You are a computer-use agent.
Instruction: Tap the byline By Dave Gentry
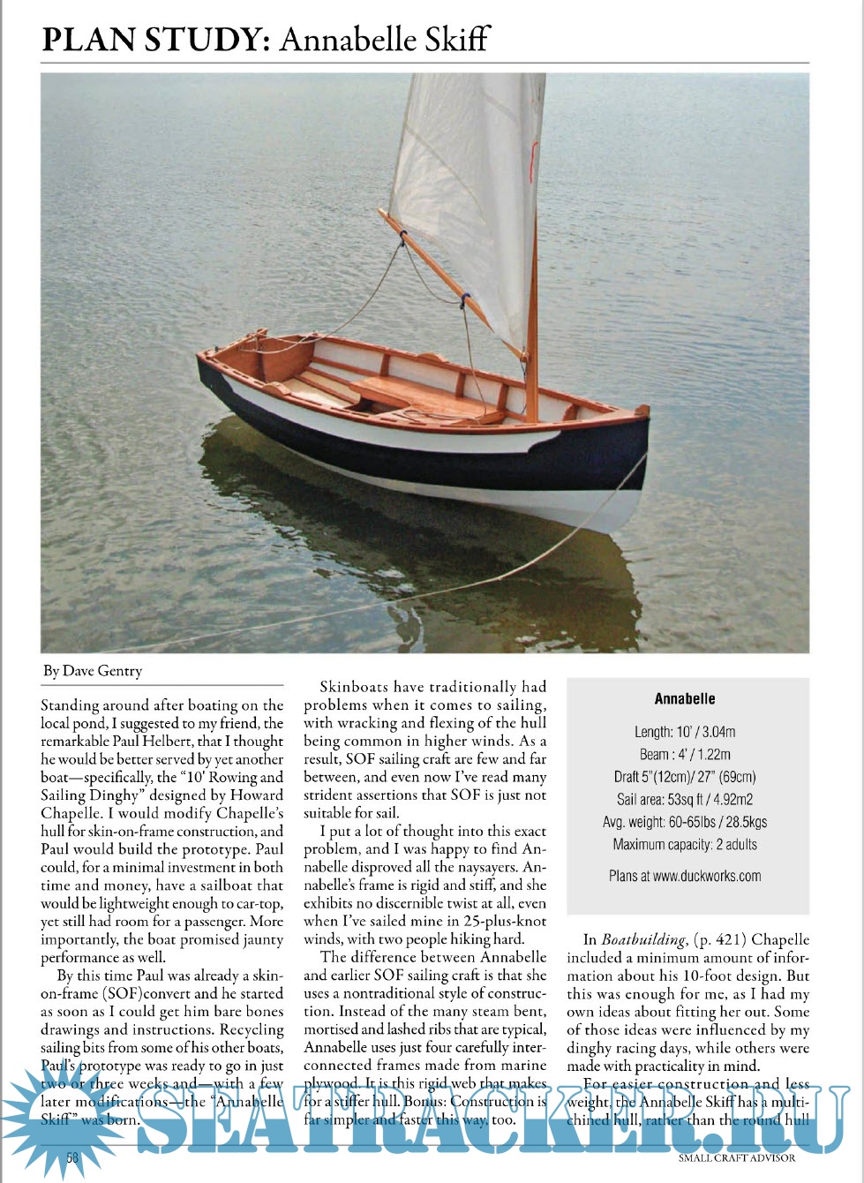(92, 671)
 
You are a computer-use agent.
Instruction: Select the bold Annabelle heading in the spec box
(685, 698)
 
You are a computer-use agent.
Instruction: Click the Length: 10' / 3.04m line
(685, 732)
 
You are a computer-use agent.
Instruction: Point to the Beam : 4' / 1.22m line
(685, 754)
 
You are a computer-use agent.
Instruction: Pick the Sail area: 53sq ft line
(685, 800)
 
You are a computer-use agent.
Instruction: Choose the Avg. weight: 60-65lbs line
(685, 822)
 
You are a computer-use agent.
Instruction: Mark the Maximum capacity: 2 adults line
(685, 845)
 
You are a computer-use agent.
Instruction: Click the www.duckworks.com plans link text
(707, 876)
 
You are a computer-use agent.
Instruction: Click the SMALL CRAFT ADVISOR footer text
(737, 1157)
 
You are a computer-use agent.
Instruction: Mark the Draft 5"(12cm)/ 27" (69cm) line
(685, 777)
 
